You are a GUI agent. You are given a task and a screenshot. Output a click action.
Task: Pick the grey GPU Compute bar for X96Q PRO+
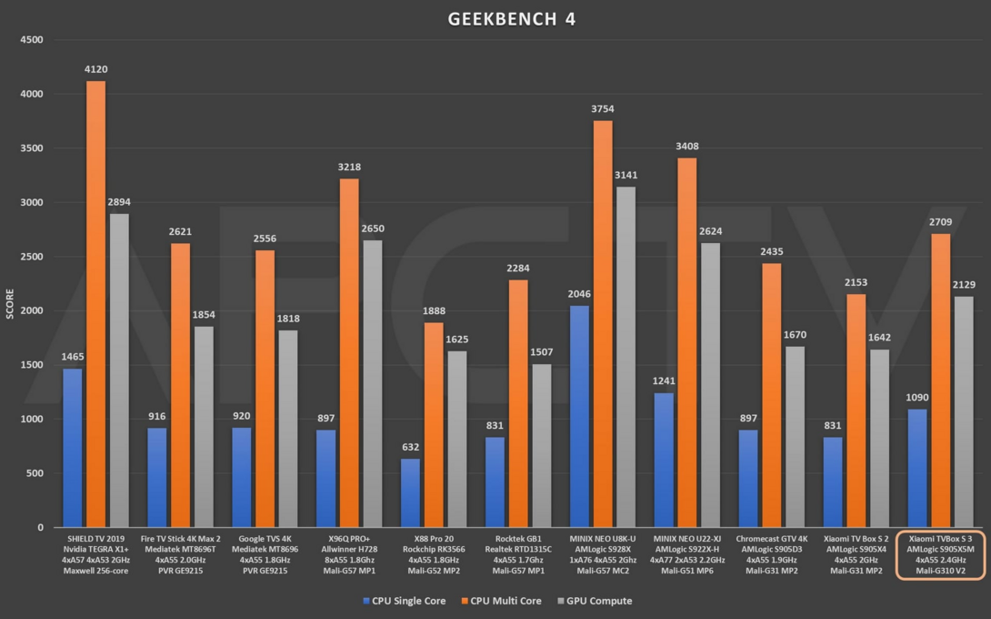[x=370, y=383]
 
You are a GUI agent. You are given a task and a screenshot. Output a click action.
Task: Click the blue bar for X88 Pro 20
[x=410, y=492]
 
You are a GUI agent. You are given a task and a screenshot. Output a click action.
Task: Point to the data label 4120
[x=95, y=69]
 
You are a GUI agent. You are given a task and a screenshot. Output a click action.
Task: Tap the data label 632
[x=410, y=447]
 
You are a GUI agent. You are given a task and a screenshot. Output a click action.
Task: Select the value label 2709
[x=940, y=222]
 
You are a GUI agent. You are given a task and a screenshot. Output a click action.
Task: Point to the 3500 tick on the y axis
[x=31, y=148]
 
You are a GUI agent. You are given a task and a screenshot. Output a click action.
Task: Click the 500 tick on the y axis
[x=34, y=473]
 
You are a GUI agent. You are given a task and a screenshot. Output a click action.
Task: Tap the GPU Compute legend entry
[x=596, y=601]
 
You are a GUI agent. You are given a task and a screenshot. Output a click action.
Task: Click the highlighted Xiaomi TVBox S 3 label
[x=940, y=554]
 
